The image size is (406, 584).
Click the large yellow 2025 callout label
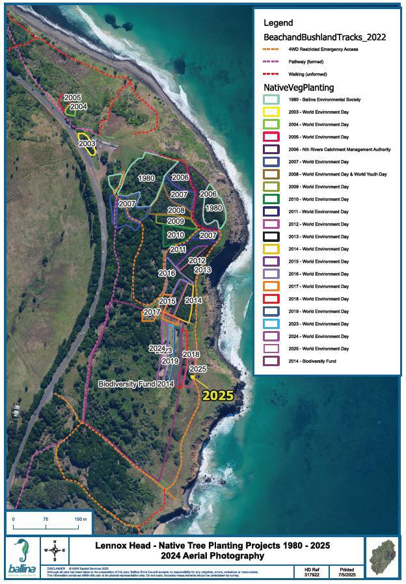pos(217,394)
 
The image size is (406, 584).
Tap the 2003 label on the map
pos(87,144)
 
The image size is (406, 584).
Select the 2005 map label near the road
pos(72,98)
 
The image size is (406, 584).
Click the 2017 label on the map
pos(152,312)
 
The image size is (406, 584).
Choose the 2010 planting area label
pos(175,235)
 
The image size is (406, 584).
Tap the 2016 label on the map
pos(167,273)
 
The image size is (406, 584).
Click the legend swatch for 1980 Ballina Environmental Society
pos(270,100)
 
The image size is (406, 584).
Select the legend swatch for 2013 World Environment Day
pos(270,236)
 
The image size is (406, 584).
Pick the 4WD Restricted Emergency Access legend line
pos(270,49)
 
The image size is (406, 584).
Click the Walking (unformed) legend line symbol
pos(270,74)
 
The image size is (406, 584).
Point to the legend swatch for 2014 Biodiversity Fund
pos(270,361)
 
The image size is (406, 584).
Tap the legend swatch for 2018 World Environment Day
pos(270,299)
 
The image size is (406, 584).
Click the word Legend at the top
pos(278,23)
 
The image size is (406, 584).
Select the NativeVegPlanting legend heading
pos(299,87)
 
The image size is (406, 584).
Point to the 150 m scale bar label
pos(80,519)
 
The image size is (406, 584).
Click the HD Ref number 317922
pos(313,574)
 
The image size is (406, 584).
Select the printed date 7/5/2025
pos(345,574)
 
